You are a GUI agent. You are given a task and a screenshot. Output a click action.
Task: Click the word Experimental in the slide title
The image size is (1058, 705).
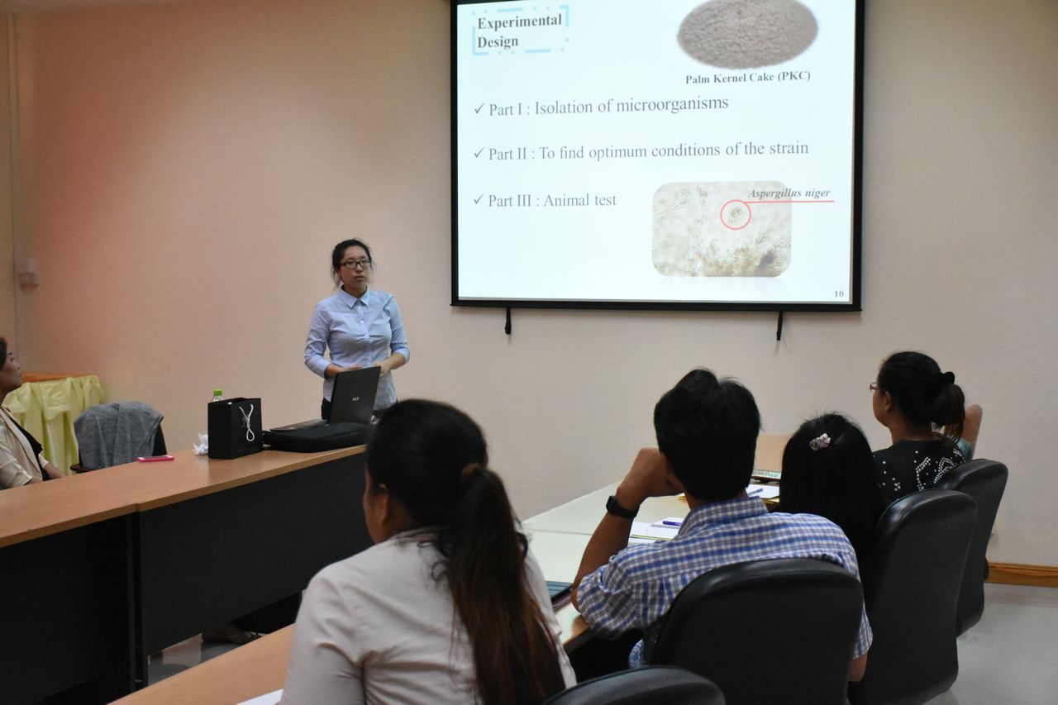click(519, 21)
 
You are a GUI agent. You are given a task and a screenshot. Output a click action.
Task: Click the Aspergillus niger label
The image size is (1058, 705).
click(789, 193)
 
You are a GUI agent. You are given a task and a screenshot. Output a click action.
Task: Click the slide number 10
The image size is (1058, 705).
click(838, 293)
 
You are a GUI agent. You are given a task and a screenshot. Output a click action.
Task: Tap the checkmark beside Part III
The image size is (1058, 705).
click(479, 200)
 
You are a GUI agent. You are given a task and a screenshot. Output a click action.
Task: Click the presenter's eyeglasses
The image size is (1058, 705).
click(355, 264)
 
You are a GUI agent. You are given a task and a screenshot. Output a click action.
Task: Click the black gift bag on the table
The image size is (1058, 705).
click(235, 428)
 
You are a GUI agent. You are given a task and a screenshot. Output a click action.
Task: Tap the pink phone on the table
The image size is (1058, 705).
click(155, 458)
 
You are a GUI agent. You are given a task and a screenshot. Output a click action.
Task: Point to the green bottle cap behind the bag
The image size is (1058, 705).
click(217, 393)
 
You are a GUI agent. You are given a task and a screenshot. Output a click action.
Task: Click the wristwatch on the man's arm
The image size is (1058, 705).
click(620, 507)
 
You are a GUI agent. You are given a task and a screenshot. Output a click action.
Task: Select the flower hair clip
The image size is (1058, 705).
click(820, 441)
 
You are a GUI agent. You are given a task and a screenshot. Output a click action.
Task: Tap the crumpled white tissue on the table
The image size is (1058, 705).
click(201, 445)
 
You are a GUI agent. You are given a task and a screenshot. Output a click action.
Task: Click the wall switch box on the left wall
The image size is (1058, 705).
click(28, 273)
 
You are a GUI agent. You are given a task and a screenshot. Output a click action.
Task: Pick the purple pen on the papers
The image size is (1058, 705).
click(672, 522)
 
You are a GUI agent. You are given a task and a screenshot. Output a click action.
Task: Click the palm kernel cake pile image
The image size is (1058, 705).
click(747, 33)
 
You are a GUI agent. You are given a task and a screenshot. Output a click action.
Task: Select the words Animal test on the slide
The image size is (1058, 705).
click(579, 200)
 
